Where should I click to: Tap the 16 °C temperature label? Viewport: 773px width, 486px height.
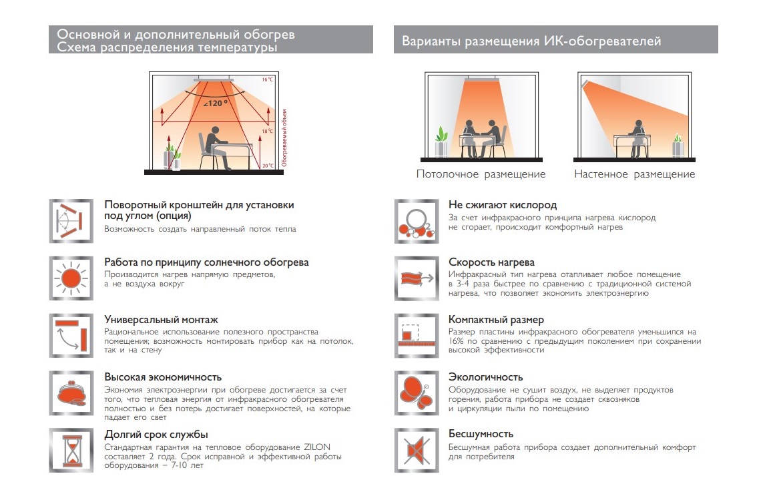267,79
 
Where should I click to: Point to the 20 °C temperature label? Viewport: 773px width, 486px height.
267,166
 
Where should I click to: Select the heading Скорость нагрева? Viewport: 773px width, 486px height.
491,262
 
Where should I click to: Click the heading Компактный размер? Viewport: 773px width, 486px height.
496,320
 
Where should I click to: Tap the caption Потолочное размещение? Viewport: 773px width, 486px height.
481,174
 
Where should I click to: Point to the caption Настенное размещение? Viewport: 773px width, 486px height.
634,174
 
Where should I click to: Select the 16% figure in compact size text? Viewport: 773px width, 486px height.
456,341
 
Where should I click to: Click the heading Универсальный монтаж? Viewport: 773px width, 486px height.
161,320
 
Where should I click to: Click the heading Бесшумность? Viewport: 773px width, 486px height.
481,435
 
